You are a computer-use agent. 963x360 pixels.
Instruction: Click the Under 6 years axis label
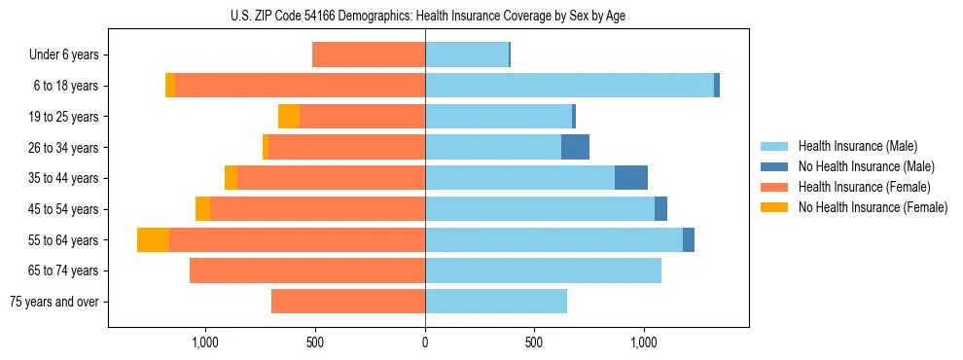tap(64, 55)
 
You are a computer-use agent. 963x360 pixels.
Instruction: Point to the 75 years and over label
tap(54, 302)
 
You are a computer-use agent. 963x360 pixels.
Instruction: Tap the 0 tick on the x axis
tap(425, 342)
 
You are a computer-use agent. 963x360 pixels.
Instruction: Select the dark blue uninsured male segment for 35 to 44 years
tap(631, 178)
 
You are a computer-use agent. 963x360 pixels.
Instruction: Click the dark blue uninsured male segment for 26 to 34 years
tap(575, 147)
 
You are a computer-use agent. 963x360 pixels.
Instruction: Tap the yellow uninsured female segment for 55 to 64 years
tap(153, 240)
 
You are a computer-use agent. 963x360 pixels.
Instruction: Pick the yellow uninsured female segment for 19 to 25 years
tap(289, 117)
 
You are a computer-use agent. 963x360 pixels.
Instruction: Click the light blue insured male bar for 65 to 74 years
tap(543, 270)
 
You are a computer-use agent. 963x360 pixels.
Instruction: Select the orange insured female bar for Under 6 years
tap(369, 55)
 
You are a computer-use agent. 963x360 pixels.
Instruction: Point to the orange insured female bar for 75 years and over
tap(348, 302)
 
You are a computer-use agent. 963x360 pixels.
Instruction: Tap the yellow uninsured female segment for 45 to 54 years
tap(202, 209)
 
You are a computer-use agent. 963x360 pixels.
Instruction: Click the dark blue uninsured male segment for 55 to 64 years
tap(689, 240)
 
